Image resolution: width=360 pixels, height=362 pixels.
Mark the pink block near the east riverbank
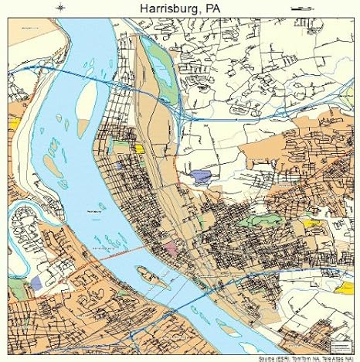pos(170,248)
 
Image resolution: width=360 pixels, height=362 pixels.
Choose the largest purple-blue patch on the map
pos(202,176)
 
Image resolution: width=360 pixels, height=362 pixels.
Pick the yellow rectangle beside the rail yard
pos(139,147)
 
